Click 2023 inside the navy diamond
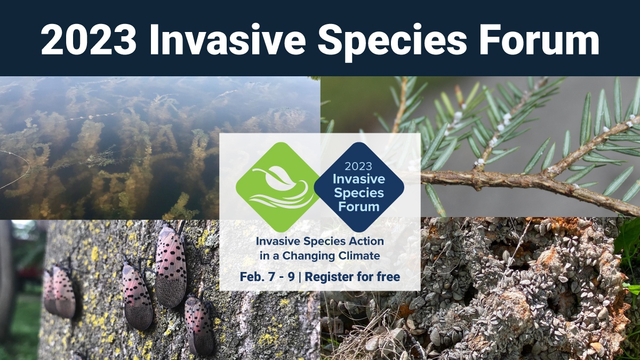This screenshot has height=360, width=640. [x=358, y=166]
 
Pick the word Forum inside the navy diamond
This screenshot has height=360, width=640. [x=358, y=205]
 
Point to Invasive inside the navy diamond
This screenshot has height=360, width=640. [x=358, y=179]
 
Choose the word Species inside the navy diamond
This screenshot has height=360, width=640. [x=358, y=192]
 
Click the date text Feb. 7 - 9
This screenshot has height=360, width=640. [x=266, y=277]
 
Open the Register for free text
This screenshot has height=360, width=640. [x=353, y=277]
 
